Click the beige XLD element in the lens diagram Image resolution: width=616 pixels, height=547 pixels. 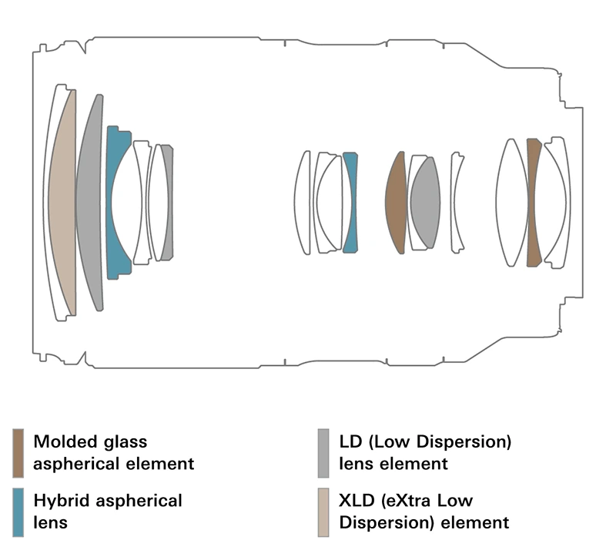click(61, 202)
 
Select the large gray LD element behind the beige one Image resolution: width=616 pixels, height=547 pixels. click(89, 202)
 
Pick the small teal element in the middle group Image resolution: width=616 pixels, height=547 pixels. click(351, 202)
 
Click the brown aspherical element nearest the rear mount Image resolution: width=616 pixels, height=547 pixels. click(531, 202)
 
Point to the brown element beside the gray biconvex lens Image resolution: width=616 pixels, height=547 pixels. click(396, 202)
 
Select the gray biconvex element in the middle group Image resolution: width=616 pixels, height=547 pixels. click(424, 202)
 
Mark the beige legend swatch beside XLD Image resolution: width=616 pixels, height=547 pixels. click(323, 509)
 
